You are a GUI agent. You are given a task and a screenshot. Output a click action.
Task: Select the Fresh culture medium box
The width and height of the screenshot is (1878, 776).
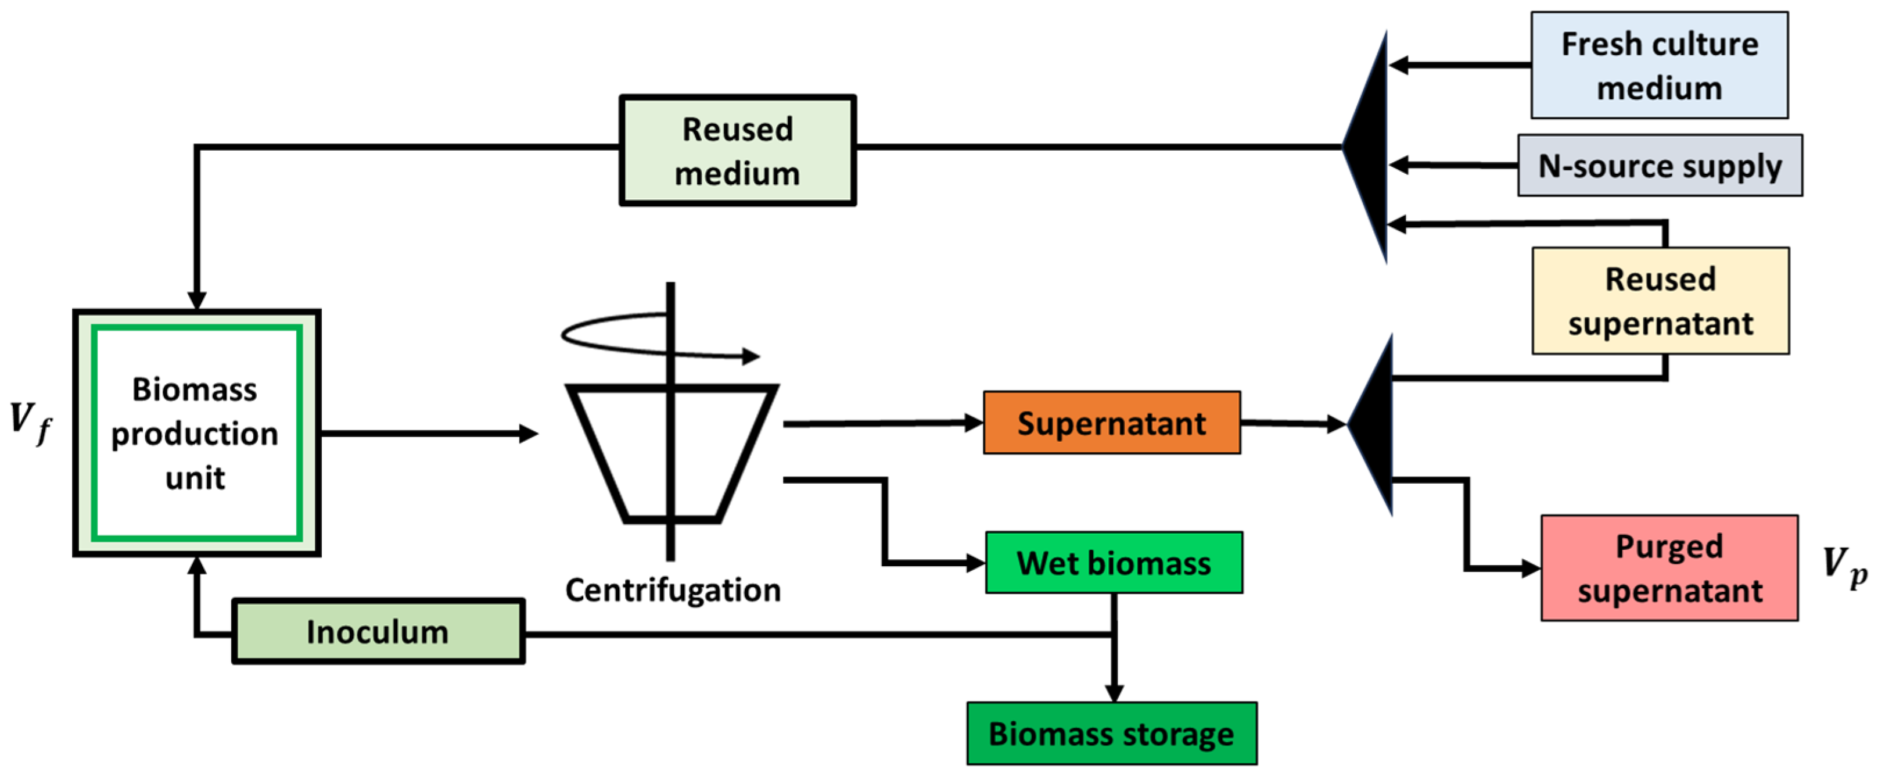pyautogui.click(x=1658, y=66)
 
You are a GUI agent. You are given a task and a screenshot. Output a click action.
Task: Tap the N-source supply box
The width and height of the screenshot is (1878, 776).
pyautogui.click(x=1659, y=166)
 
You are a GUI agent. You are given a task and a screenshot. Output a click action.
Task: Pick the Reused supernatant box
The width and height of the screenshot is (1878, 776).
pyautogui.click(x=1660, y=301)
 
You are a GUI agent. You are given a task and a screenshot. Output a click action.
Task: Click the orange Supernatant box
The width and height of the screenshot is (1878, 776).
pyautogui.click(x=1111, y=423)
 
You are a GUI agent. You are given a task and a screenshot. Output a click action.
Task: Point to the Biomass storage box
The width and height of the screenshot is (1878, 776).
pyautogui.click(x=1111, y=734)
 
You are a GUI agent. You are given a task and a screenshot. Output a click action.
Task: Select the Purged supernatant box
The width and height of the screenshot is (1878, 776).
pyautogui.click(x=1669, y=568)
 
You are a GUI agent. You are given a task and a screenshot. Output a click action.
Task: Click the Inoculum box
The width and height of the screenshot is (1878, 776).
pyautogui.click(x=378, y=632)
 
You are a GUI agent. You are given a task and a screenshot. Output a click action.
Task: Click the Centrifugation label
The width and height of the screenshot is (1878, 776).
pyautogui.click(x=672, y=589)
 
